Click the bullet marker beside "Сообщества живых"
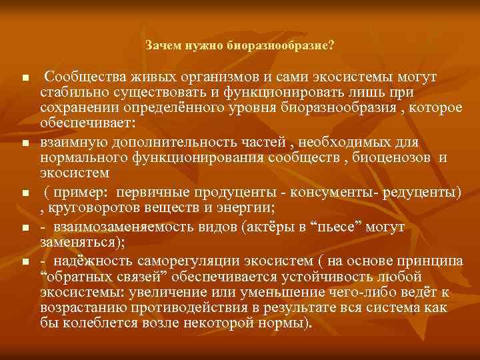point(25,79)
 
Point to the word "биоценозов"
point(385,158)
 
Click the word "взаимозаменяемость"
point(117,227)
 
